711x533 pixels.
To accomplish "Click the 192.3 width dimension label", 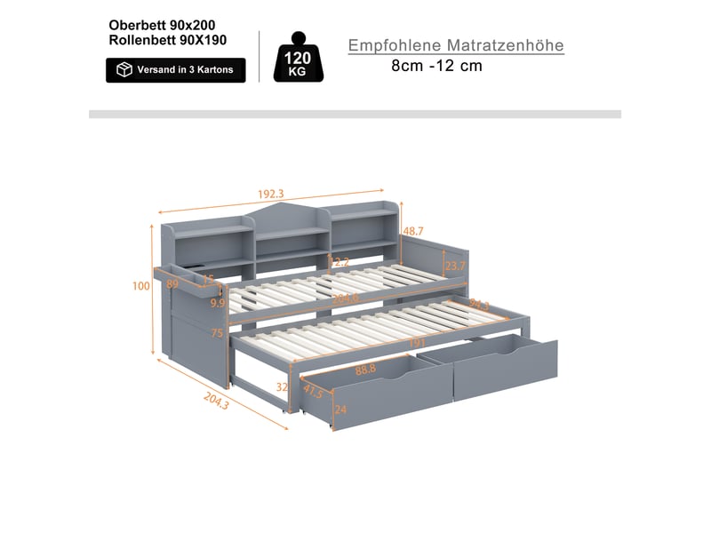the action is coord(271,194).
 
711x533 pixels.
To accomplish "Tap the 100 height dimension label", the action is coord(141,286).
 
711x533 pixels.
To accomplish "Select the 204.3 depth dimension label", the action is coord(216,401).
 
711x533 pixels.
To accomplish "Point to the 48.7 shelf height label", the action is coord(413,231).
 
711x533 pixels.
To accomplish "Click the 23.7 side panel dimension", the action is coord(455,266).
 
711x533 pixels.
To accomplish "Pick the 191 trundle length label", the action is coord(417,343).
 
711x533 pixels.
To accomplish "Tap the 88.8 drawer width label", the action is coord(365,370).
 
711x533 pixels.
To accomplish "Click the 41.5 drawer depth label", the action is coord(314,391).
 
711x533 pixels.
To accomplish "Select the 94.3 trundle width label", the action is coord(479,304).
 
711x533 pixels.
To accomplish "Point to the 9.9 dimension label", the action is coord(218,303).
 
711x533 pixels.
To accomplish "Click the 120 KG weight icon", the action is coord(299,57).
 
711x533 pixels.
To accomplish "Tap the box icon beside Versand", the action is coord(124,70).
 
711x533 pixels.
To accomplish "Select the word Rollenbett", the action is coord(142,40).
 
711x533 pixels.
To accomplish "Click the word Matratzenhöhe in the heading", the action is coord(505,45).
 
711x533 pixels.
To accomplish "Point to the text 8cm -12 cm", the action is coord(436,66).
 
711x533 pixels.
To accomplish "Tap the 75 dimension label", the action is coord(217,333).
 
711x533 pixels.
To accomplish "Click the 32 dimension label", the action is coord(282,387).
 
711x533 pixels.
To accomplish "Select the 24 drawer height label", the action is coord(340,410).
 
